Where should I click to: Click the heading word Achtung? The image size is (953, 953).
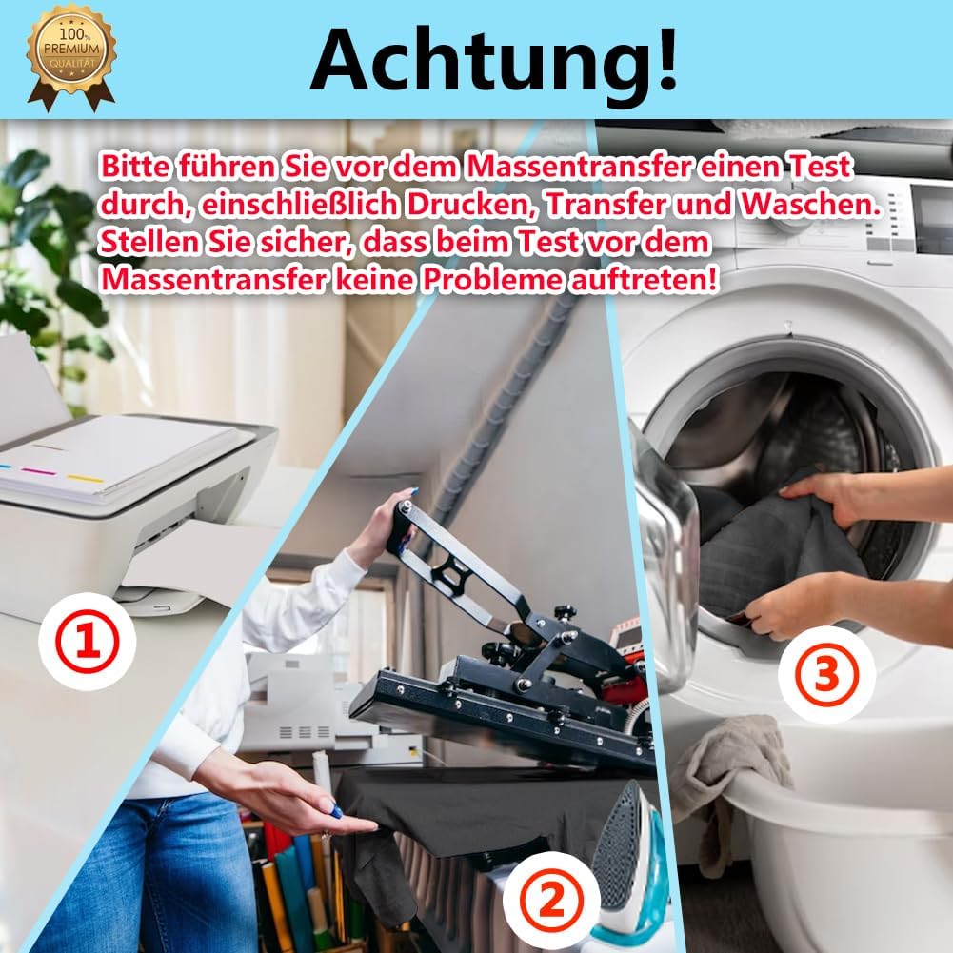(x=493, y=59)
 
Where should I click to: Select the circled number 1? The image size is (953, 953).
(x=87, y=642)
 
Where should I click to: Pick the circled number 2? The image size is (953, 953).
(x=552, y=900)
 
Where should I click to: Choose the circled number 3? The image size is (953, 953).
(x=827, y=675)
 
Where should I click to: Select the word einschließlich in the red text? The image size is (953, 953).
(x=298, y=205)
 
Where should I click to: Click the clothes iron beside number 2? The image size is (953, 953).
(x=626, y=869)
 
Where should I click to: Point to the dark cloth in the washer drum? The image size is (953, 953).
(x=778, y=541)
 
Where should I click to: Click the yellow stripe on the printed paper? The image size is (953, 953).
(x=85, y=478)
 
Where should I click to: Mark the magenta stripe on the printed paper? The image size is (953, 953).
(x=38, y=471)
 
